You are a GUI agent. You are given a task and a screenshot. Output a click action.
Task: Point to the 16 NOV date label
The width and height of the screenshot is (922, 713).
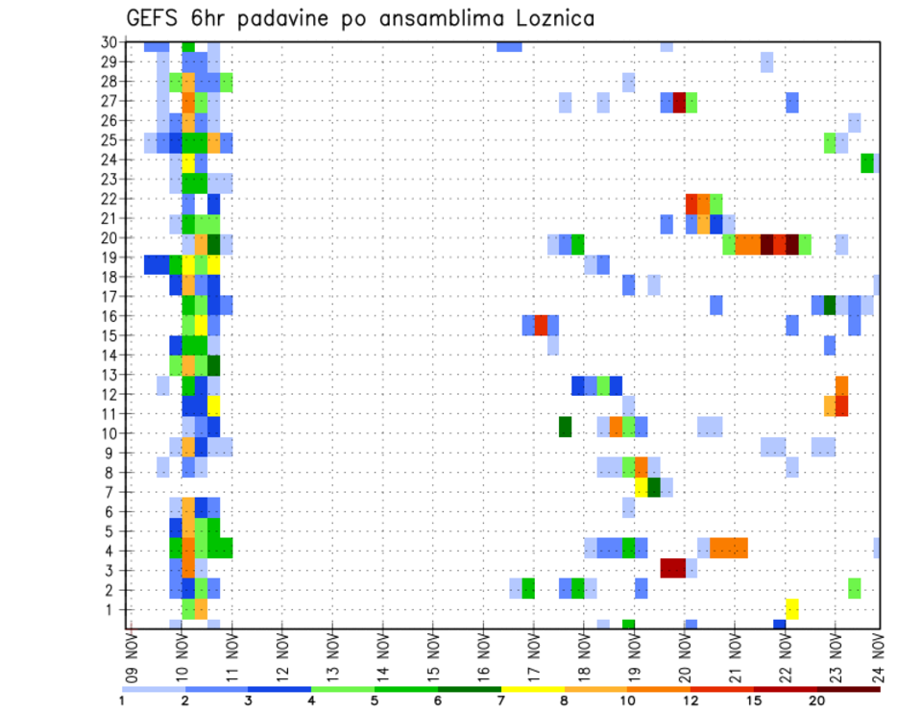tap(483, 656)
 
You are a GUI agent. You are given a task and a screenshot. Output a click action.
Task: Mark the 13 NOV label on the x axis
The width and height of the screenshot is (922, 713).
tap(333, 656)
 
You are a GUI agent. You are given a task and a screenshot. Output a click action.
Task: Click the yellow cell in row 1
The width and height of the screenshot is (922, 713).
tap(792, 608)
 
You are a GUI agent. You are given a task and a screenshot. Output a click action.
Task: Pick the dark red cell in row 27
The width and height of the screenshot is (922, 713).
tap(679, 101)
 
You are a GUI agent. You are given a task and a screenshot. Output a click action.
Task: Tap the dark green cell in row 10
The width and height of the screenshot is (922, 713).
tap(566, 426)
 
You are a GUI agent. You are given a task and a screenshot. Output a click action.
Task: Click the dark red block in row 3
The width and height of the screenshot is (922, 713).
tap(672, 568)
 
